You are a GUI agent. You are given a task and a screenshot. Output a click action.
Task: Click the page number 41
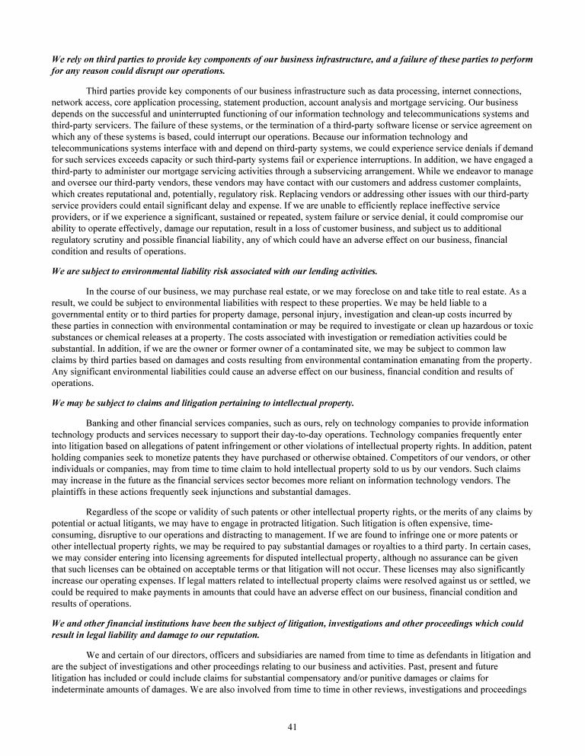(292, 726)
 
